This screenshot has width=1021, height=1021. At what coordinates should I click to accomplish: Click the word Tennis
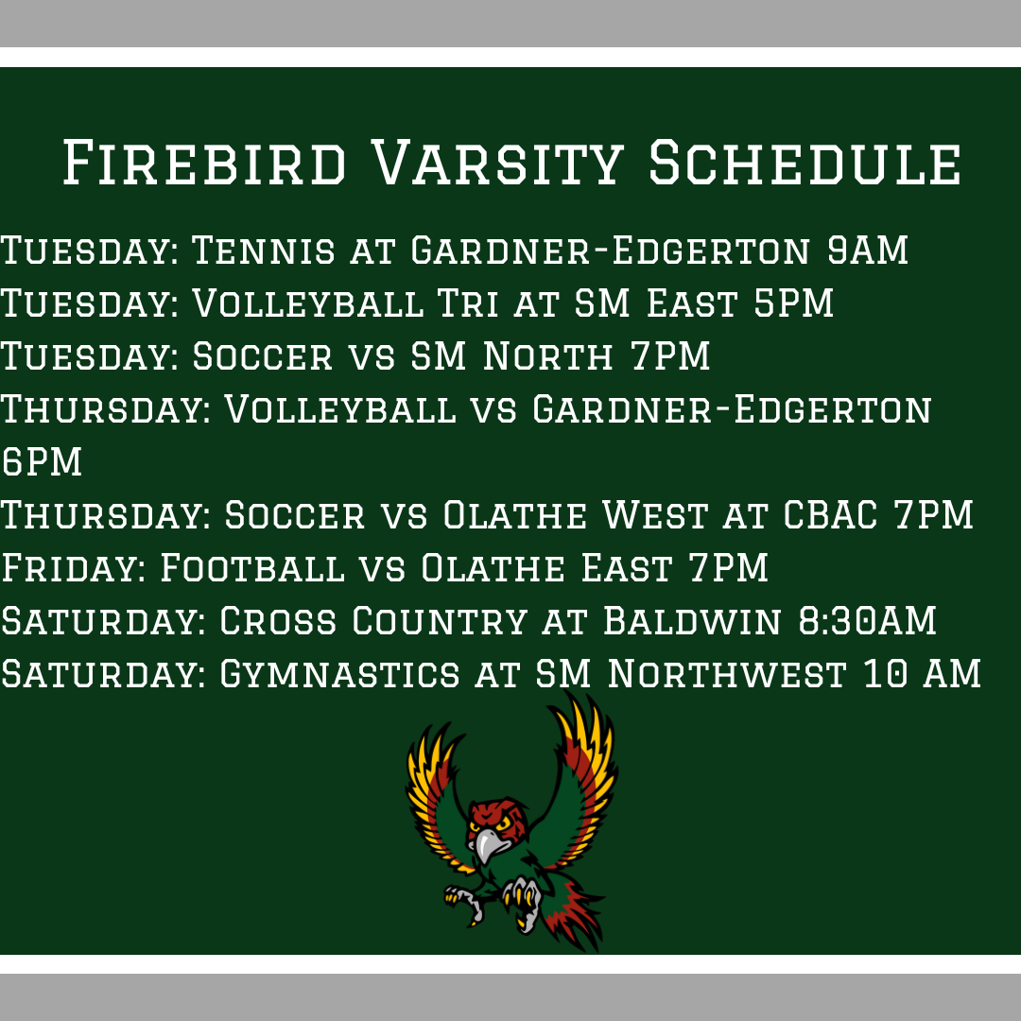pyautogui.click(x=263, y=251)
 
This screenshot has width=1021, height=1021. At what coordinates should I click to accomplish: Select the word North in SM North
pyautogui.click(x=547, y=357)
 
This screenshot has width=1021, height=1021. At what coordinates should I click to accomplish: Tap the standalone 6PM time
pyautogui.click(x=42, y=463)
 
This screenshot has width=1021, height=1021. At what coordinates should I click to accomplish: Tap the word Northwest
pyautogui.click(x=726, y=675)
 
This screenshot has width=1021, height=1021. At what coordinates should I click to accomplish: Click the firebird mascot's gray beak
pyautogui.click(x=485, y=845)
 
